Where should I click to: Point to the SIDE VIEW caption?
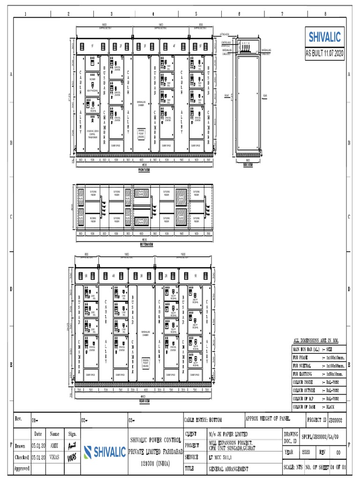click(x=248, y=165)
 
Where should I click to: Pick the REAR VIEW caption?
click(x=144, y=401)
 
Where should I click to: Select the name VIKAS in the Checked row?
click(x=55, y=457)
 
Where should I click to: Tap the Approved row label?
click(x=22, y=468)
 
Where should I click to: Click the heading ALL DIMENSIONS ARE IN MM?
click(x=315, y=340)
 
